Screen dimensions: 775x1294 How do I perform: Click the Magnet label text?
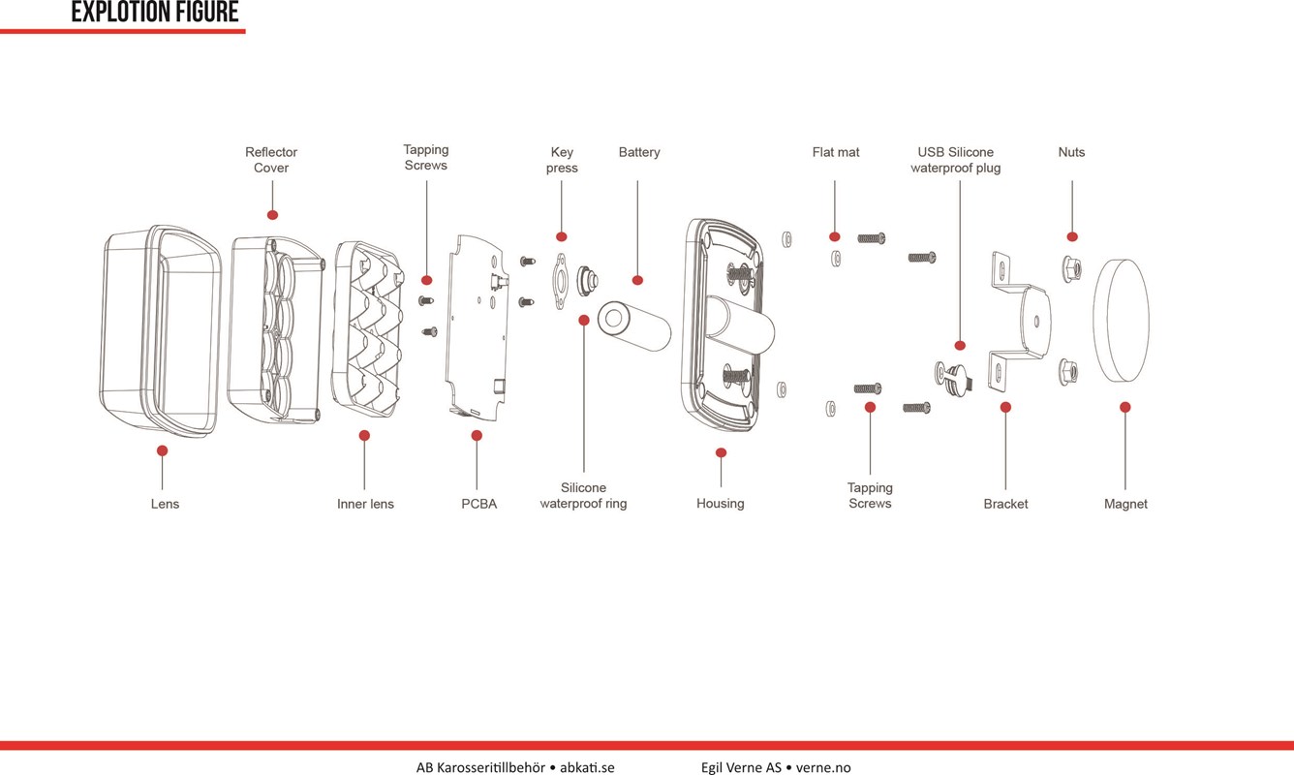[x=1125, y=504]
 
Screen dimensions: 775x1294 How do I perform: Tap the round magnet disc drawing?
[x=1121, y=321]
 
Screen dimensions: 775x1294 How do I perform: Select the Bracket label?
[x=1005, y=504]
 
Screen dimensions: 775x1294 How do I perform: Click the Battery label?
[x=639, y=152]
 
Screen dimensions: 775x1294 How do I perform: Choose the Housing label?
[x=721, y=504]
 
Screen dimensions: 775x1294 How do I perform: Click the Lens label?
[x=165, y=504]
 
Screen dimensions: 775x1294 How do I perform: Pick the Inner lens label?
[x=365, y=504]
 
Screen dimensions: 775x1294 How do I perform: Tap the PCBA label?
[x=478, y=504]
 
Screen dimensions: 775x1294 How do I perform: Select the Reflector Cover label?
[x=271, y=160]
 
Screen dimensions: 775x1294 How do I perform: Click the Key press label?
[x=562, y=160]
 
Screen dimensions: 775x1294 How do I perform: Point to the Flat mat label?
[x=836, y=152]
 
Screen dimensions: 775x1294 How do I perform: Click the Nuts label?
[x=1071, y=152]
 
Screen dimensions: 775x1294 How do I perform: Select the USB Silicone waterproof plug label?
[x=956, y=160]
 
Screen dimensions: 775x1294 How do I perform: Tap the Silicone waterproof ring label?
[x=583, y=496]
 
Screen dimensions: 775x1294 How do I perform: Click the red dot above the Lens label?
[x=162, y=450]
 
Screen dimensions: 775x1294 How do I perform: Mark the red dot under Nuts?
[x=1072, y=236]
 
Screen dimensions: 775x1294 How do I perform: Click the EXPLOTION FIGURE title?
[x=155, y=13]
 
